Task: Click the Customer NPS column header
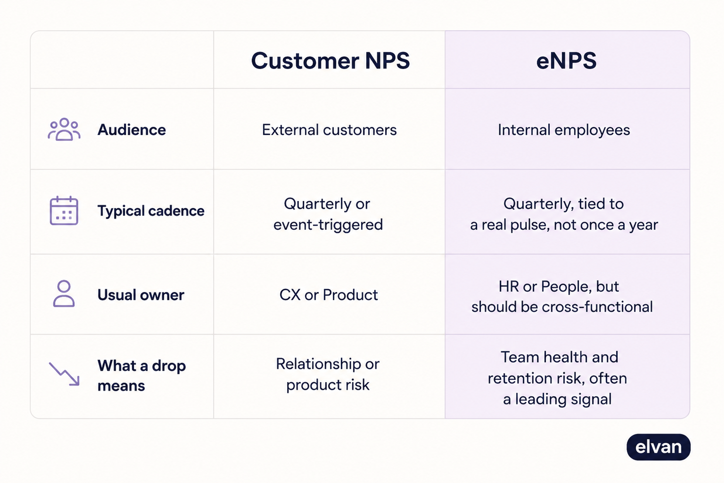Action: [330, 61]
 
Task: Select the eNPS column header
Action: [566, 61]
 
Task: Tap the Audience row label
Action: [132, 130]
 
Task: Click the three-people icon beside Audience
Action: [64, 129]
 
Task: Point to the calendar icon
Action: [64, 211]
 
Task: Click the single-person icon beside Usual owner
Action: [64, 294]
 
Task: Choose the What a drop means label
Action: [142, 375]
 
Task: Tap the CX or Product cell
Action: [328, 295]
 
